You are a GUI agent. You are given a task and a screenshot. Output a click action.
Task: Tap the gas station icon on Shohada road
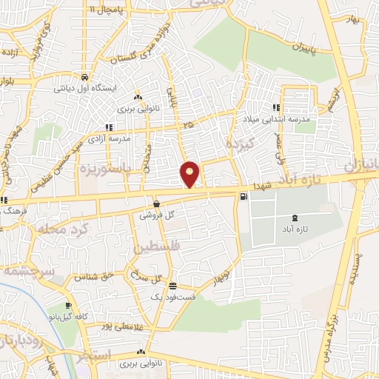click(x=244, y=196)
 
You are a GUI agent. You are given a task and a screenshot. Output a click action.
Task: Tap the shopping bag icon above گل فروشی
click(x=156, y=204)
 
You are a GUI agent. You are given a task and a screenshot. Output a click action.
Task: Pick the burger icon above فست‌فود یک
click(x=172, y=286)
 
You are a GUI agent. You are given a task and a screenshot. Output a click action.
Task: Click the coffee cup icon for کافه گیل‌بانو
click(x=68, y=305)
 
